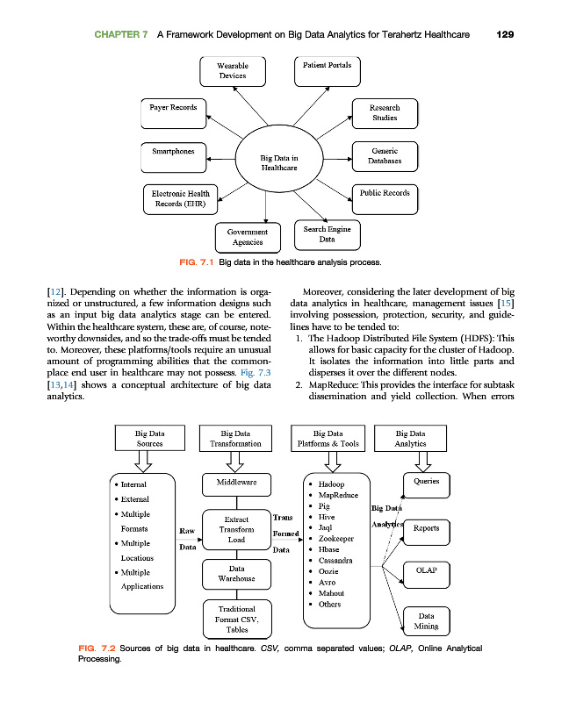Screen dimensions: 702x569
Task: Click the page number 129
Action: [504, 34]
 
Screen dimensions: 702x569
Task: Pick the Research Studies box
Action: [385, 111]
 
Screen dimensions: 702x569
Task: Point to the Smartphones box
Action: [173, 154]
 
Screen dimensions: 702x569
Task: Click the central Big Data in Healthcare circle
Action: [278, 162]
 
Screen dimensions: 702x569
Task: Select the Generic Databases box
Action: [385, 156]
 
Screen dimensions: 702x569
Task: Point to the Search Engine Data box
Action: [327, 233]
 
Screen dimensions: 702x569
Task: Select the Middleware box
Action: [236, 483]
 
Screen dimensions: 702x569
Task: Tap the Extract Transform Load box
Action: [236, 529]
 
